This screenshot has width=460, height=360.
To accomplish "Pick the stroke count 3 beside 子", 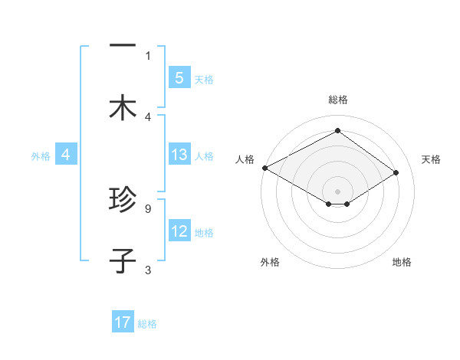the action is [147, 269].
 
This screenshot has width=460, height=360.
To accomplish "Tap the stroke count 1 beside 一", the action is [147, 55].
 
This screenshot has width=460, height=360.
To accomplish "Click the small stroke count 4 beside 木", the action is [147, 116].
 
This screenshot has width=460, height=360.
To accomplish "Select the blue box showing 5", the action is [179, 78].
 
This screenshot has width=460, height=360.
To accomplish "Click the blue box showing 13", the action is [179, 155].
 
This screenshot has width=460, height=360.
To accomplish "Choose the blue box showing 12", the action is [179, 231].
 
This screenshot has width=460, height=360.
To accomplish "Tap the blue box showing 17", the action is [123, 323].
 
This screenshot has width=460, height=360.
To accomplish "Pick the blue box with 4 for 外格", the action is [66, 155].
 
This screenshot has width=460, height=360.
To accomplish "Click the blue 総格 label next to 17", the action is [148, 324].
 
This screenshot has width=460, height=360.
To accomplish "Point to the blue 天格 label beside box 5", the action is [204, 79].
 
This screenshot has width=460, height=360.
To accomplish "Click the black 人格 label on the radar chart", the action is [245, 159].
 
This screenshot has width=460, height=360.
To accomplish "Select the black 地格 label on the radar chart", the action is [402, 262].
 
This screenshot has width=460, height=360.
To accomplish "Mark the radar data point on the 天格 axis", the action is [396, 173].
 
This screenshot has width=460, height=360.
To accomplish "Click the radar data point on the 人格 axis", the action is [264, 167].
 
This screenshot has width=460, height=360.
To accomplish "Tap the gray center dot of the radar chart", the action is [337, 191].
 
